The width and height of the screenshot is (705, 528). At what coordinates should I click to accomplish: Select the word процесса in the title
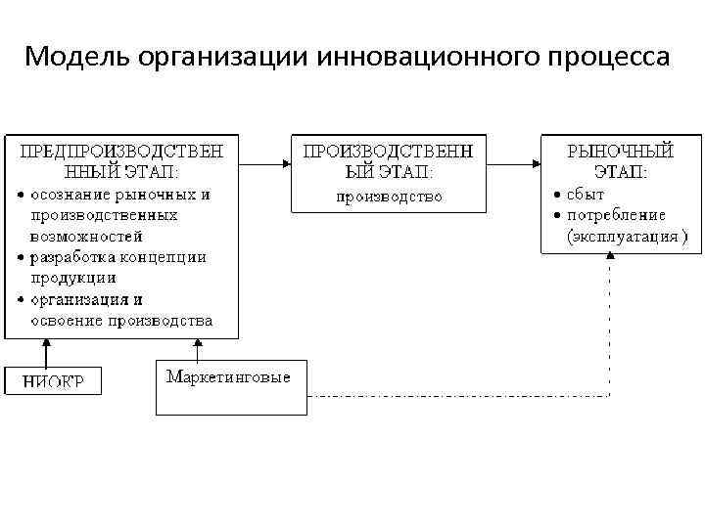[607, 57]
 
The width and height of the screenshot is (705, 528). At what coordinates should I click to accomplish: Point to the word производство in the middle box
[389, 197]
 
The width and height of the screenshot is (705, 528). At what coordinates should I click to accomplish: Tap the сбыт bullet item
[585, 194]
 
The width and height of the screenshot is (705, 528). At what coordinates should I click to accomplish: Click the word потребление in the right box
[616, 214]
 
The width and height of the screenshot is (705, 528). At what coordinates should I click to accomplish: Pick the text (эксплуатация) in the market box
[627, 236]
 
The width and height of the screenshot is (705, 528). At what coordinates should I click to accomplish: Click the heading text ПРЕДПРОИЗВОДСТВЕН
[121, 152]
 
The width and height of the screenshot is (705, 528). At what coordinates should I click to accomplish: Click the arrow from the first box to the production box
[264, 163]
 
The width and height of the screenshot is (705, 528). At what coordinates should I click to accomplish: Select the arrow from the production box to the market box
[513, 163]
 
